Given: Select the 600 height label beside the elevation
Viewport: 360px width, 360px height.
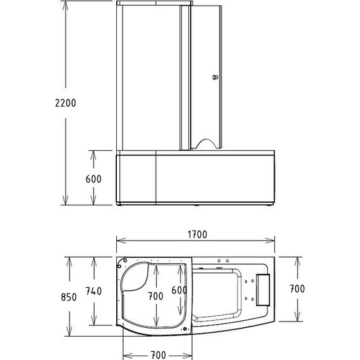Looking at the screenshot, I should (x=93, y=179).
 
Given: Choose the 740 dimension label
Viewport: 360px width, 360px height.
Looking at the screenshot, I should (x=93, y=291).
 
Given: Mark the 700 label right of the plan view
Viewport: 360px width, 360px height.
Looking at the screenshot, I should (x=296, y=289).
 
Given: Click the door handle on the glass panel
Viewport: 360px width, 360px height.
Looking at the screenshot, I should (x=215, y=78).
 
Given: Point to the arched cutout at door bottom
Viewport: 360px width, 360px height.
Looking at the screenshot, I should (x=205, y=144).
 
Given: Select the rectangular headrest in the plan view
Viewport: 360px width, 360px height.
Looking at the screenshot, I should (x=263, y=288).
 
